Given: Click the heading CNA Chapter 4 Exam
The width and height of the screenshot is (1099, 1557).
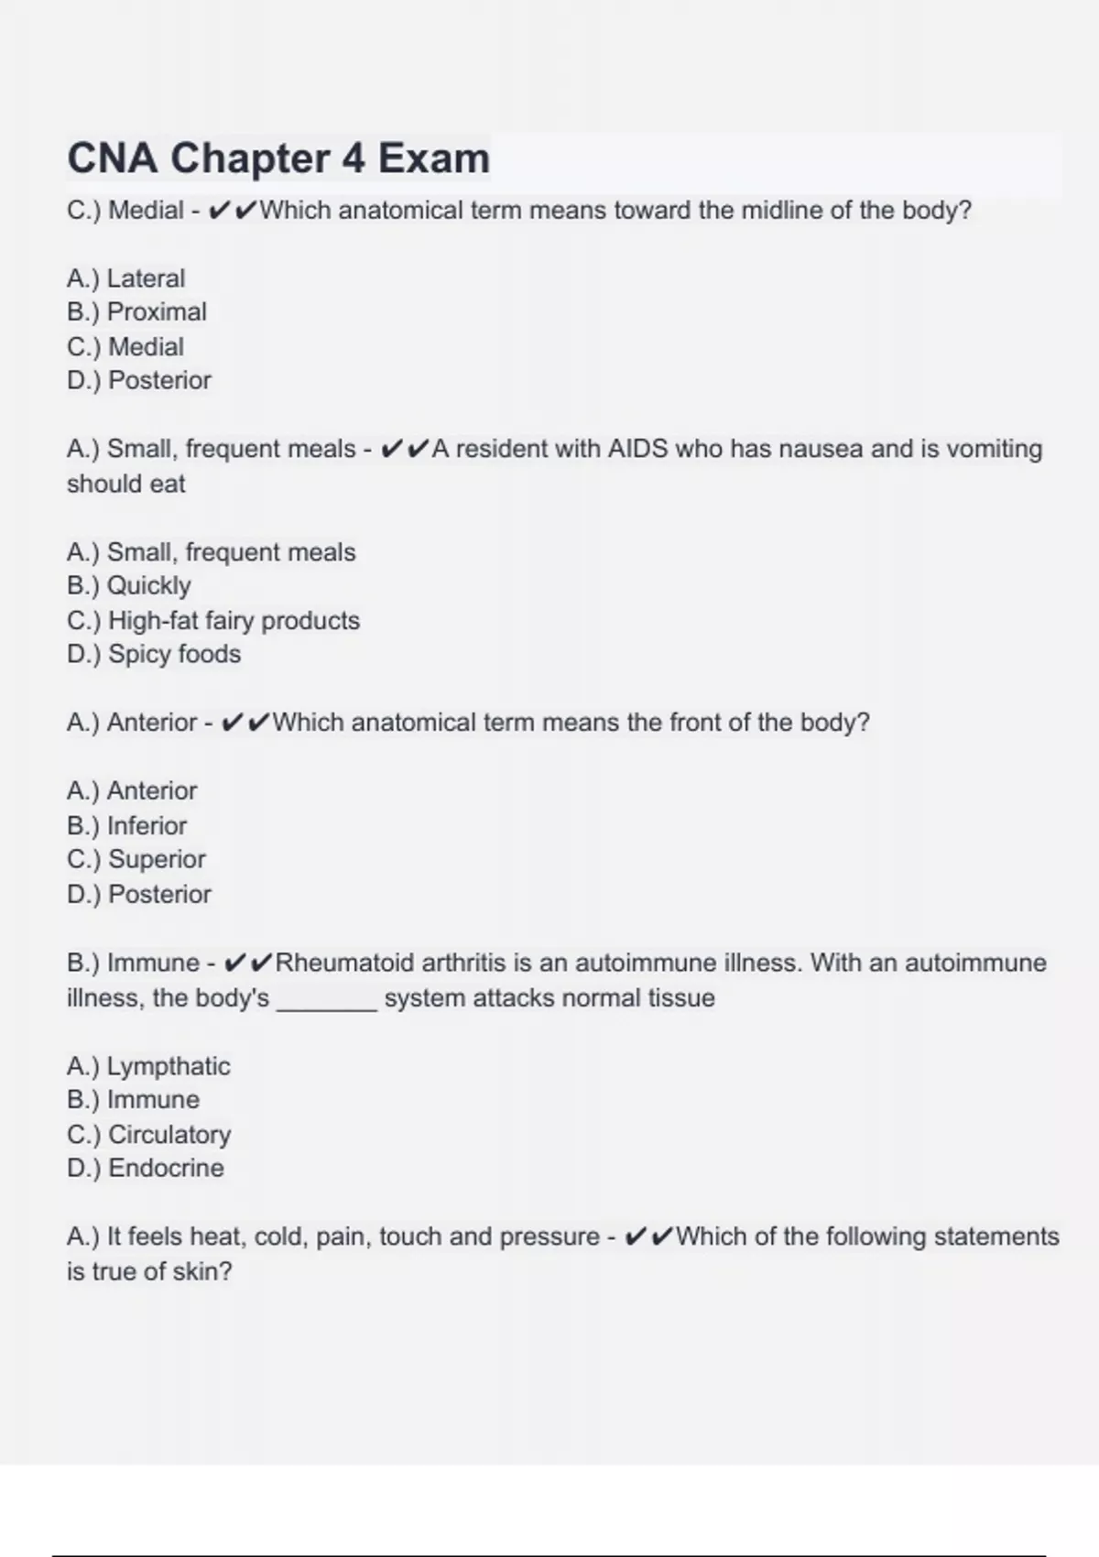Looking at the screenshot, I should tap(278, 158).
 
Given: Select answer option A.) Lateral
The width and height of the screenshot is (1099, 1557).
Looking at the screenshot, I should tap(126, 278).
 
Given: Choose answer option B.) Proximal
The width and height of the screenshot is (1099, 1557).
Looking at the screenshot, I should tap(137, 312).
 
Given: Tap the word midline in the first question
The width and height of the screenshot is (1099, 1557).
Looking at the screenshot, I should tap(781, 211).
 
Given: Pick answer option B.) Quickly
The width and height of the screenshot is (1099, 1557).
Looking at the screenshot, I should tap(129, 586).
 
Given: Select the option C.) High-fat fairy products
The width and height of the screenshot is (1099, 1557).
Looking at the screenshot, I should tap(213, 621).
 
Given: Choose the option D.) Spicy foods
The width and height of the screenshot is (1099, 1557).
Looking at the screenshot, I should tap(154, 655).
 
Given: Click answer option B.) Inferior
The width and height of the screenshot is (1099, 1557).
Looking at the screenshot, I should tap(127, 826).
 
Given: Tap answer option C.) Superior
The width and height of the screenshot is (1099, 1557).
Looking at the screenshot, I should tap(136, 860).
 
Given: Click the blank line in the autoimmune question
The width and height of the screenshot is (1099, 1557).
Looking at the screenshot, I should tap(327, 1000).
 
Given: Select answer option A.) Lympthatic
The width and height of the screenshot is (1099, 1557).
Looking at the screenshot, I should tap(148, 1067).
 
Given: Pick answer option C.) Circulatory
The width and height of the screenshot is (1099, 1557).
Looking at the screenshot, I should tap(149, 1135).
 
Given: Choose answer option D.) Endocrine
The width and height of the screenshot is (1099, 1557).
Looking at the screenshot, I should tap(146, 1169).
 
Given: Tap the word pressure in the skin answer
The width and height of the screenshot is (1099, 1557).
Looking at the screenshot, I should tap(549, 1237).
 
